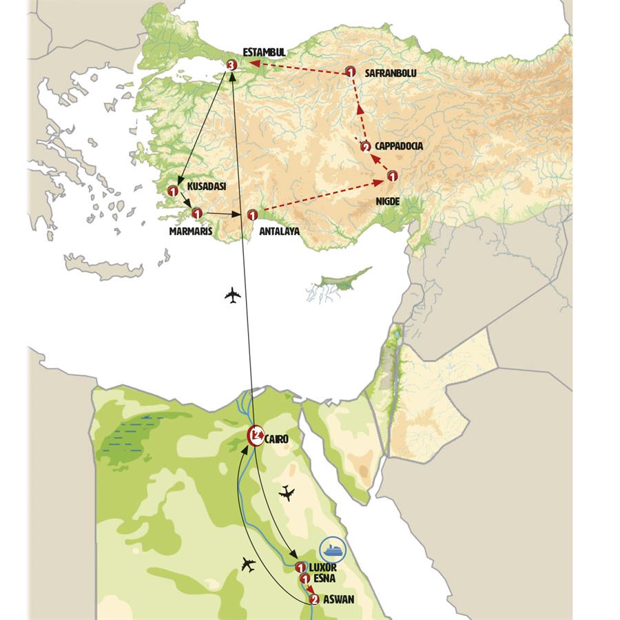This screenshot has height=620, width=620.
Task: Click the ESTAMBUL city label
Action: [264, 52]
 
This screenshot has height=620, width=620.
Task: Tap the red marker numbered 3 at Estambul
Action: [231, 65]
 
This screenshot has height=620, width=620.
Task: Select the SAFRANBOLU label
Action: [391, 72]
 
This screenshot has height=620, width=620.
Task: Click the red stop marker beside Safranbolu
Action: [350, 72]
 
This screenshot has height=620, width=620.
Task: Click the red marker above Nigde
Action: [392, 176]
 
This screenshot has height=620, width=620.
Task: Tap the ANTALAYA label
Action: [280, 231]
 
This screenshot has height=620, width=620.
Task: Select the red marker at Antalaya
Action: [252, 215]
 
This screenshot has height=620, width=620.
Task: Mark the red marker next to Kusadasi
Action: [173, 191]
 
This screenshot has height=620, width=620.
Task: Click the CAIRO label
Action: [276, 438]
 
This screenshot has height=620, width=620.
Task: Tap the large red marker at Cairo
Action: [256, 435]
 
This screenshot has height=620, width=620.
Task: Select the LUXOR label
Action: [324, 567]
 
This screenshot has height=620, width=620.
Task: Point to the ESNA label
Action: [324, 579]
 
